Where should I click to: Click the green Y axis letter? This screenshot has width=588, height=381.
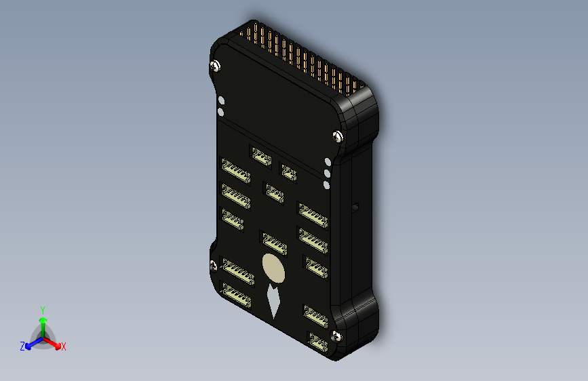(42, 309)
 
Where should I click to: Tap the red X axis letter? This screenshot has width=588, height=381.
(64, 347)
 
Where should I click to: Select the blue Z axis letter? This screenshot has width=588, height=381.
(22, 346)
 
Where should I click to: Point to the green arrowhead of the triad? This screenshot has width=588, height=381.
(42, 321)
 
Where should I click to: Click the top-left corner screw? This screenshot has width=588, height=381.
(216, 66)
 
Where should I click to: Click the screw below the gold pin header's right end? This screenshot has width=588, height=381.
(338, 136)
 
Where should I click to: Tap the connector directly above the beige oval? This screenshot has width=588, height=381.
(274, 242)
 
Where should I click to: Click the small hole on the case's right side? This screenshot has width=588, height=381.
(354, 205)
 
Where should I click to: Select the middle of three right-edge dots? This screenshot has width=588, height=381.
(327, 173)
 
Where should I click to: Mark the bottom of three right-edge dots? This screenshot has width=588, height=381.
(327, 184)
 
